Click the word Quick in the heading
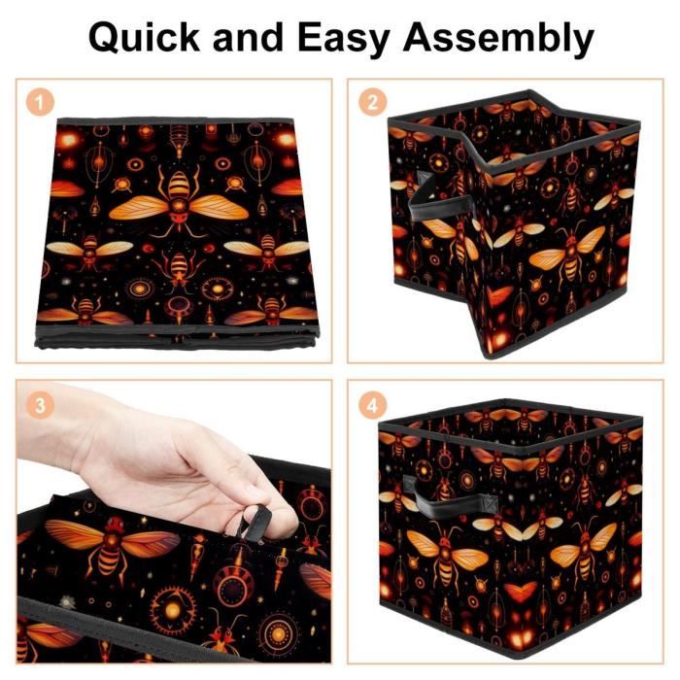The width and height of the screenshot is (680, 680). click(x=144, y=37)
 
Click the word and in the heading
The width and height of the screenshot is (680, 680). click(x=249, y=37)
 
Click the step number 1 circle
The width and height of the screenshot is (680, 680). click(x=40, y=103)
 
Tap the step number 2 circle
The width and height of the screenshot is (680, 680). click(x=372, y=103)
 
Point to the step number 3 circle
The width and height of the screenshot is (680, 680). click(x=40, y=405)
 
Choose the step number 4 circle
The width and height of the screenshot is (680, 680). click(x=372, y=405)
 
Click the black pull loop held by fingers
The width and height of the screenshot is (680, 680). click(x=255, y=524)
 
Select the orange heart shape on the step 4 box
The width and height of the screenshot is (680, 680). click(x=520, y=592)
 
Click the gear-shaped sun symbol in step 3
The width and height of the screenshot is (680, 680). click(x=172, y=610)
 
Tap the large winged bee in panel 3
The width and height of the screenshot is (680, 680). click(x=112, y=546)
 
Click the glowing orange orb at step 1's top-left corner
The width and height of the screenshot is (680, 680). click(x=69, y=140)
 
